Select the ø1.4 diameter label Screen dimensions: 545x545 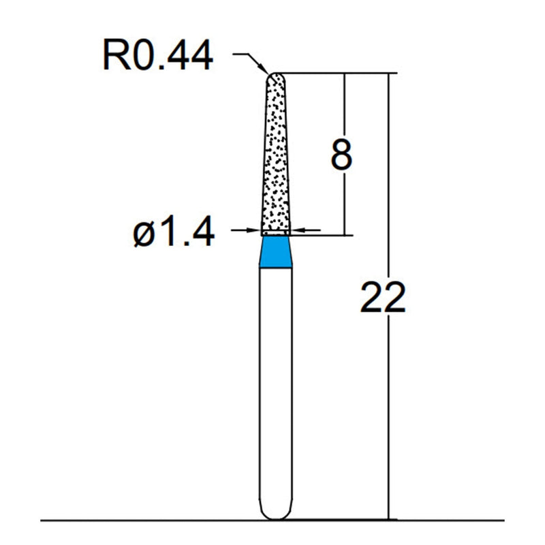[174, 233]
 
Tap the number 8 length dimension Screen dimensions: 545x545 [341, 155]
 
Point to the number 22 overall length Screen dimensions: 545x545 [383, 298]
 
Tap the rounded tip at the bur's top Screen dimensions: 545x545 [275, 77]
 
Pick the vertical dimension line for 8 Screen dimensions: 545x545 [346, 204]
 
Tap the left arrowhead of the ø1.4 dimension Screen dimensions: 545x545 [255, 231]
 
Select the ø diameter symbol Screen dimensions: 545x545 [145, 234]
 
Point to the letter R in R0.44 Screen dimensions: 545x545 [114, 56]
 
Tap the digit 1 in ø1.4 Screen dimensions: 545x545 [167, 233]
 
